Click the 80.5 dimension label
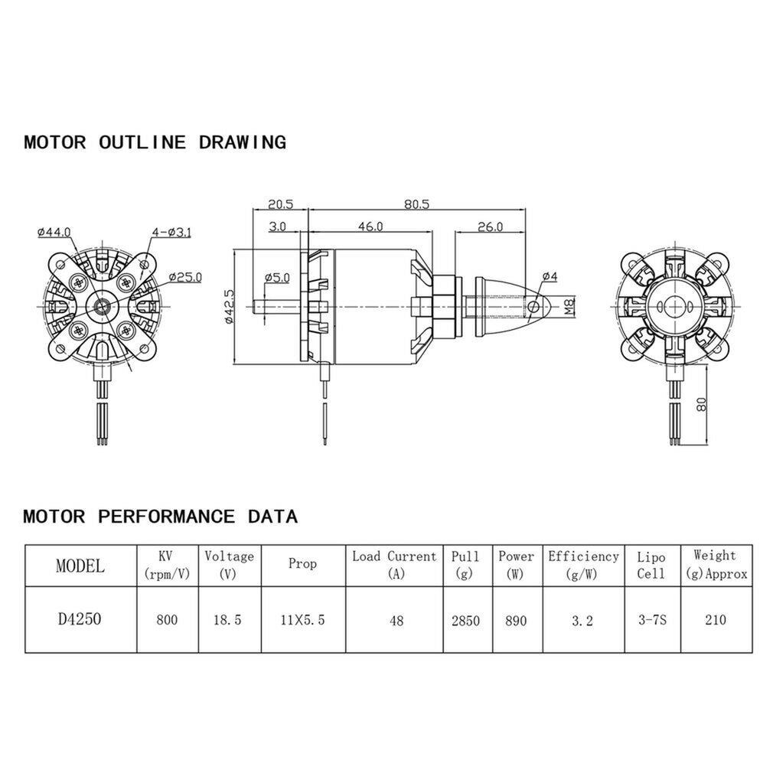click(417, 204)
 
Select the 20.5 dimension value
click(280, 204)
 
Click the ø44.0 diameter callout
click(53, 232)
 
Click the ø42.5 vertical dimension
click(229, 308)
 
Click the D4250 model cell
click(80, 619)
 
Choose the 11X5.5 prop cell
click(302, 620)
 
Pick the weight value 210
click(716, 620)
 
